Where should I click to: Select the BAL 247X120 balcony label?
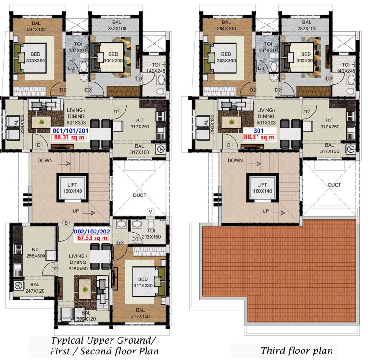[x=36, y=288]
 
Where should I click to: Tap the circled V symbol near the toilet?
[x=150, y=211]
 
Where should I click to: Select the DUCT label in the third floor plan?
[x=334, y=185]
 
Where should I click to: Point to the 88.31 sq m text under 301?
[x=259, y=138]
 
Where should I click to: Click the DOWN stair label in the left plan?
[x=45, y=160]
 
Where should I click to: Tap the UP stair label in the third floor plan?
[x=265, y=211]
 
